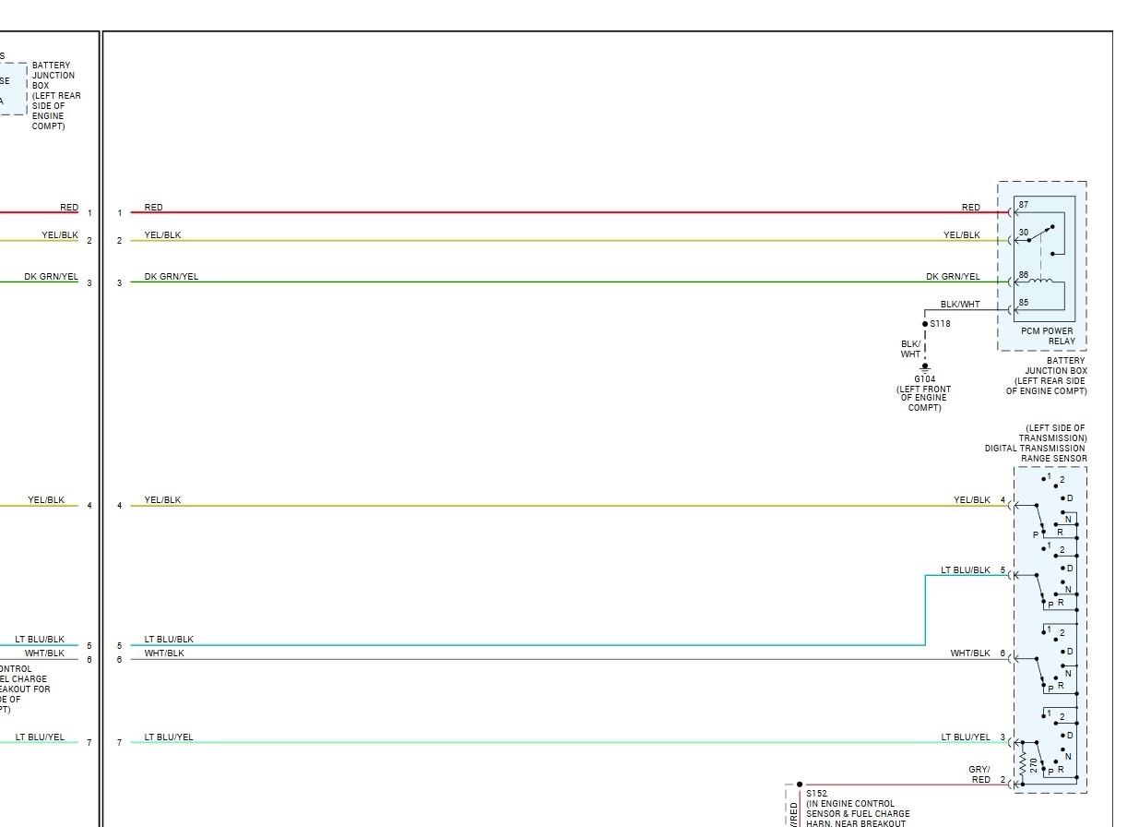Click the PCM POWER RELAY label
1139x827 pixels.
click(1047, 336)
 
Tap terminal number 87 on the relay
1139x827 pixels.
click(1023, 203)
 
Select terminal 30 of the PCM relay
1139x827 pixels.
click(1023, 233)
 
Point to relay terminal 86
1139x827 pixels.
click(1023, 274)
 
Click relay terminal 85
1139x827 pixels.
click(1023, 303)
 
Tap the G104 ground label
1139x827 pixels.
click(924, 378)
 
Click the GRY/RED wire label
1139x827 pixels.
click(979, 774)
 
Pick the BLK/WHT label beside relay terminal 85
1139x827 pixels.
click(960, 304)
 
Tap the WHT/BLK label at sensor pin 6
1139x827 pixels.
click(969, 653)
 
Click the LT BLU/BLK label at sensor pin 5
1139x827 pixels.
click(966, 570)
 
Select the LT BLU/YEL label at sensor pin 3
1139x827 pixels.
click(965, 737)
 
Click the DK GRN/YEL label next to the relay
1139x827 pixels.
click(953, 277)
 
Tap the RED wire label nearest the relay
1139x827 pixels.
click(970, 208)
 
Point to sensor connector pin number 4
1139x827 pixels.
click(1003, 500)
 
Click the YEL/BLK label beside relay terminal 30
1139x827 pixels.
click(961, 235)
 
